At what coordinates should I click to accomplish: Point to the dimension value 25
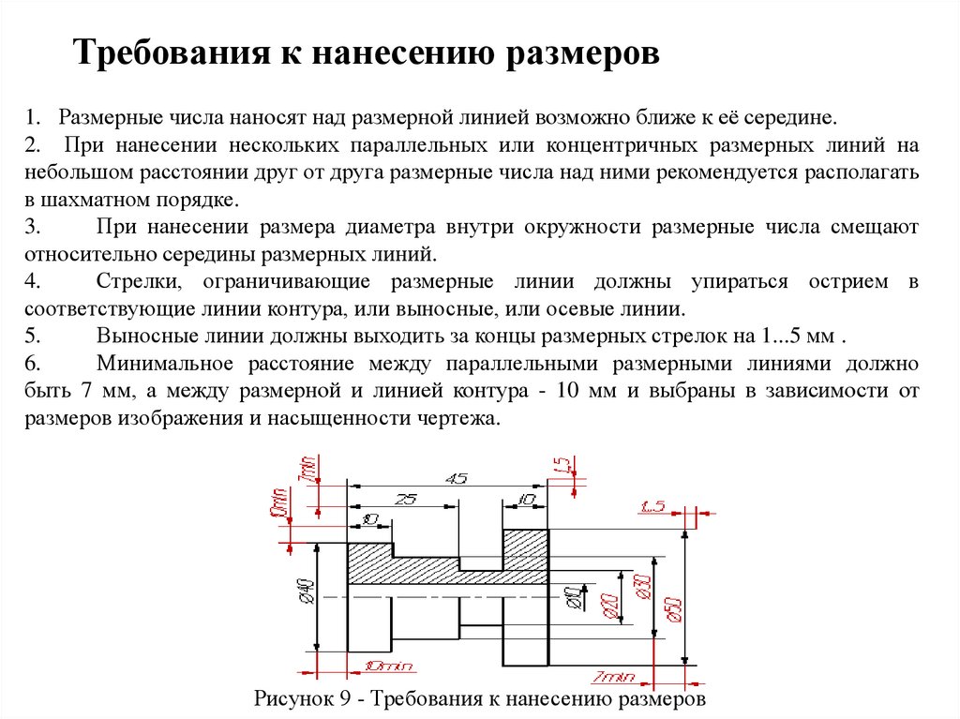(405, 499)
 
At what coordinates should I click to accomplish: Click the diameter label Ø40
(304, 592)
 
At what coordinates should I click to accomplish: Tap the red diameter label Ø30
(641, 588)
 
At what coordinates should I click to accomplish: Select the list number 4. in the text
(32, 281)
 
